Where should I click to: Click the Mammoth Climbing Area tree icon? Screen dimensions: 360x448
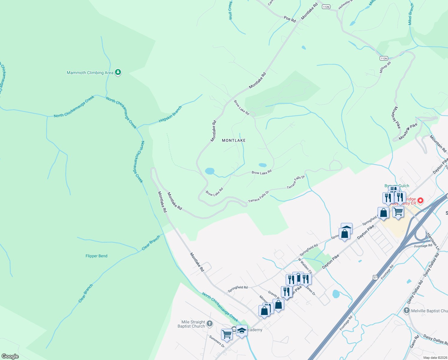pos(118,72)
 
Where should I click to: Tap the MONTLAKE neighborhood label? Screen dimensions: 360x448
pos(234,140)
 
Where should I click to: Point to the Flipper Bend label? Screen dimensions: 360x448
pos(96,256)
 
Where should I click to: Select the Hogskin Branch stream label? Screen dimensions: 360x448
pos(170,114)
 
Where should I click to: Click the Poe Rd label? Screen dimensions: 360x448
pos(290,19)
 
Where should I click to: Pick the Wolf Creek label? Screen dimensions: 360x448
pos(230,10)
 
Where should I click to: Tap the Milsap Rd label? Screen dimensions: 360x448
pos(385,67)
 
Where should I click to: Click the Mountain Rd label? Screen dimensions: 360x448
pos(438,143)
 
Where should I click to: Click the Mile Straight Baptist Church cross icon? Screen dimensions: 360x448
pos(210,323)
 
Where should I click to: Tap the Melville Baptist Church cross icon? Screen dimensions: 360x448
pos(406,310)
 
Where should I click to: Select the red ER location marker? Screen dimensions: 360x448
pos(420,200)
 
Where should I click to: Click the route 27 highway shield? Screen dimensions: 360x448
pos(375,277)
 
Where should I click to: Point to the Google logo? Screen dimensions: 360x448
pos(10,356)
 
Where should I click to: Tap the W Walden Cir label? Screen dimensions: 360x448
pos(305,265)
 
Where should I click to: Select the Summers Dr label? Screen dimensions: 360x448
pos(217,341)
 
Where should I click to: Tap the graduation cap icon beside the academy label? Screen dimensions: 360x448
pos(242,331)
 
